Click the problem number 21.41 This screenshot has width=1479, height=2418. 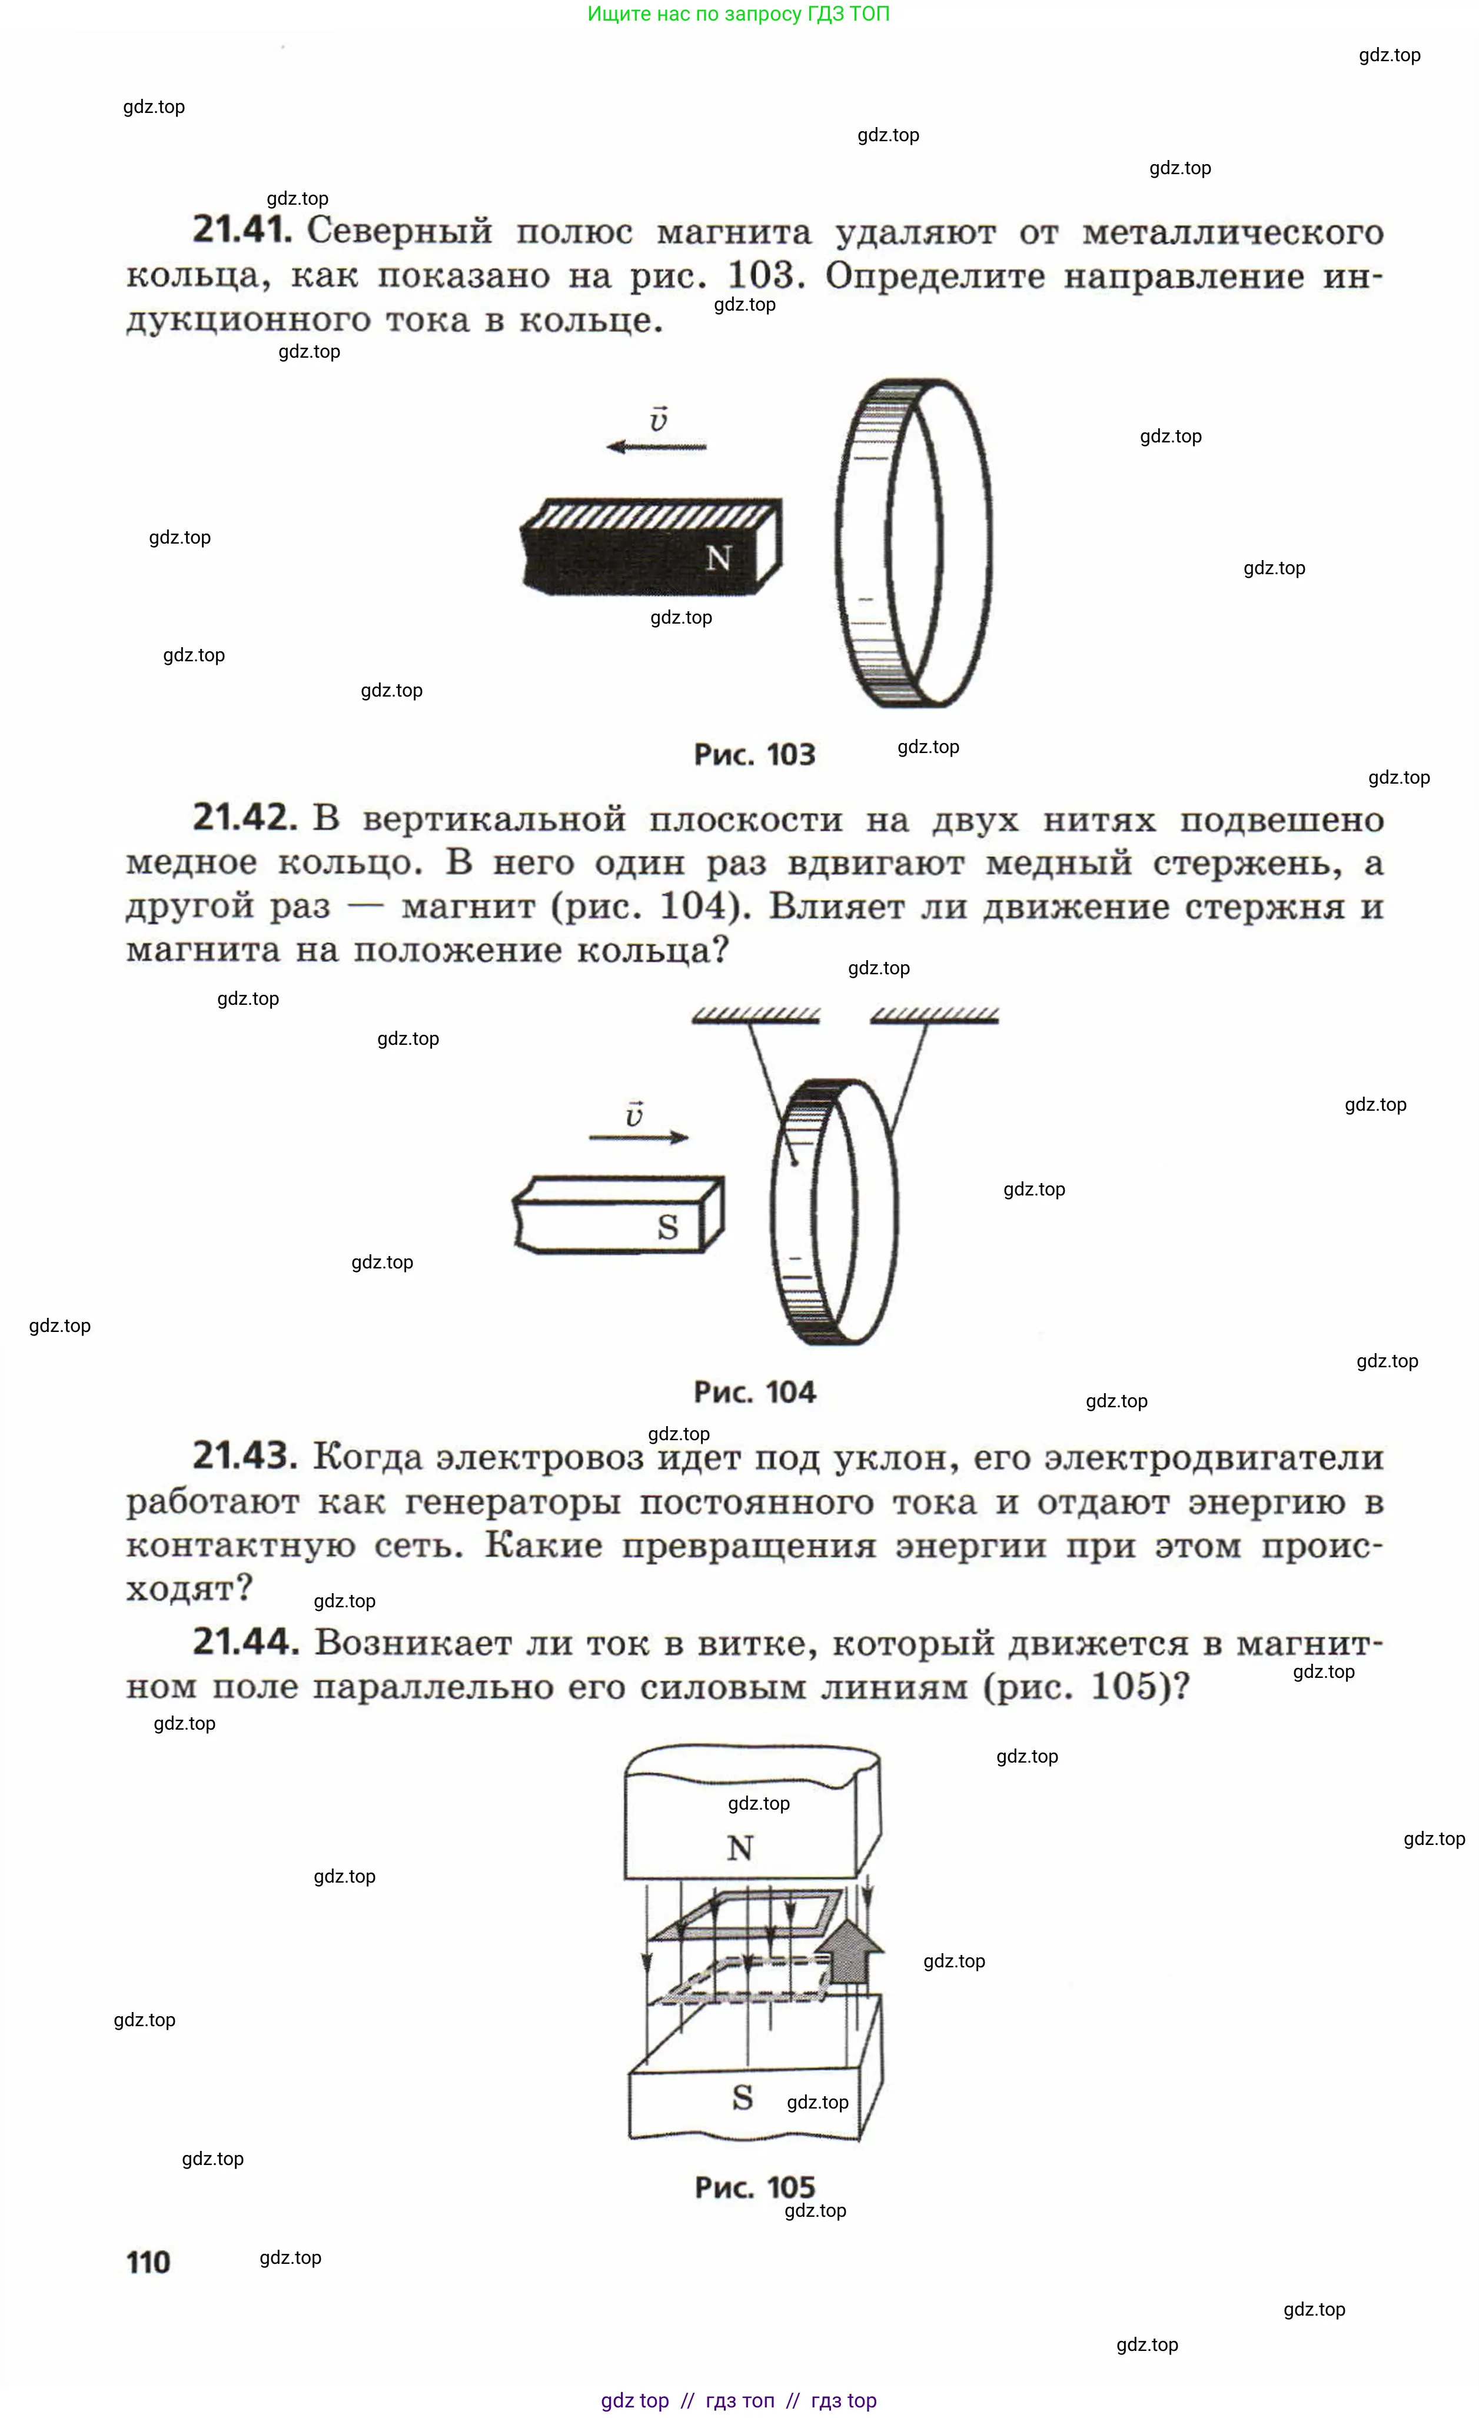click(241, 229)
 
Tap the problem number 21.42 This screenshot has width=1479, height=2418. click(244, 817)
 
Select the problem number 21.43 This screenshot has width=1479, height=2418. click(244, 1456)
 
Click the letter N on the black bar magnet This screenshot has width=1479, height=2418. click(719, 558)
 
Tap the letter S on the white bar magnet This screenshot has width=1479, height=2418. click(667, 1227)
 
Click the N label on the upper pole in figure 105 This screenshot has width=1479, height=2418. click(740, 1849)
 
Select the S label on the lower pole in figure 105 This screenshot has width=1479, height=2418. click(743, 2097)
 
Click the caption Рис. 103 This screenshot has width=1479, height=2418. click(754, 755)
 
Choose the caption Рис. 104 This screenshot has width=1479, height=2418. click(754, 1393)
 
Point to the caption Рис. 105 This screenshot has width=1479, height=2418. click(754, 2187)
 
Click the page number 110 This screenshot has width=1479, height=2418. click(148, 2263)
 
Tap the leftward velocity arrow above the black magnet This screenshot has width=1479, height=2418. click(656, 447)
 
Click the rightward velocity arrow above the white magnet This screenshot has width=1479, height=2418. click(639, 1137)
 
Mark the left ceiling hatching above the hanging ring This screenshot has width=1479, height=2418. click(756, 1015)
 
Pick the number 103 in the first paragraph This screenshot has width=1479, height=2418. click(766, 276)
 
